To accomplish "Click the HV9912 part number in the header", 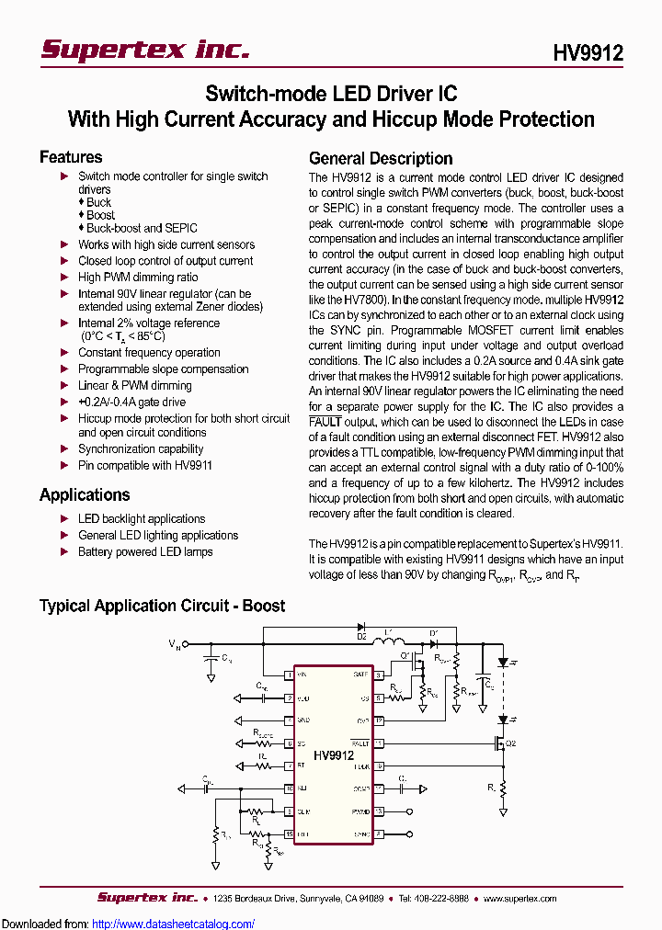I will (x=588, y=53).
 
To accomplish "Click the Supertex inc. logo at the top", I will (x=145, y=50).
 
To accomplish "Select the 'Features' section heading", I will (x=71, y=157).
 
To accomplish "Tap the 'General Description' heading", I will (x=381, y=158).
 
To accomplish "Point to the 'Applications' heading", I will (x=85, y=494).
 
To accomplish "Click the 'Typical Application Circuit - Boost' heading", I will (x=162, y=606).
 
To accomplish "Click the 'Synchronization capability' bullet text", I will (x=141, y=448).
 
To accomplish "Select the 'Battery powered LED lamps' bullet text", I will (x=145, y=551).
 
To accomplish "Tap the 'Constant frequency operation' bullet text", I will (x=149, y=352).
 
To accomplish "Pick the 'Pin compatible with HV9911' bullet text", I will (x=145, y=465).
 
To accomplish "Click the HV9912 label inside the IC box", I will (x=333, y=754).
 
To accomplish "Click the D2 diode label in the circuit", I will (x=361, y=636).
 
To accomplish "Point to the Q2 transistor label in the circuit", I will (x=511, y=743).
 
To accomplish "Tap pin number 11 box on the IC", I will (x=377, y=743).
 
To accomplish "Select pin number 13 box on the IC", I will (x=377, y=811).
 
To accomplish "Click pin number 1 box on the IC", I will (x=289, y=675).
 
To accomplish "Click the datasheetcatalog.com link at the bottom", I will (x=174, y=924).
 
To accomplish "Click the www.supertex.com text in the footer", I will (x=520, y=898).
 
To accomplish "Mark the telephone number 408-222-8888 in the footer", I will (x=439, y=898).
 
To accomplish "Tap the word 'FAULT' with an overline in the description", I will (x=325, y=420).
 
